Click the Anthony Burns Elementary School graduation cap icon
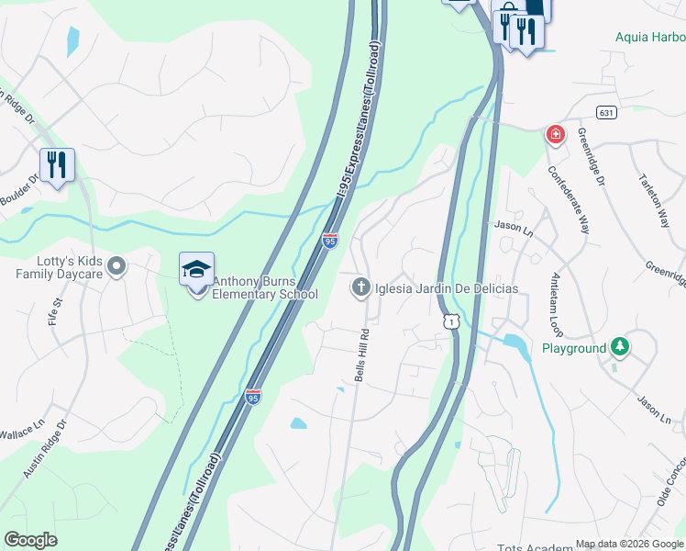196,269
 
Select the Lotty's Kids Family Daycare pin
116,267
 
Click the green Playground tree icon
621,347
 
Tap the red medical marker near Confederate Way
555,136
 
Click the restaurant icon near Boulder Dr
57,164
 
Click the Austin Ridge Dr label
46,451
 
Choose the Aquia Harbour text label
650,38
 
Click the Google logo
30,540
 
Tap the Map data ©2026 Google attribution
629,544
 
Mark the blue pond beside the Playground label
514,346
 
